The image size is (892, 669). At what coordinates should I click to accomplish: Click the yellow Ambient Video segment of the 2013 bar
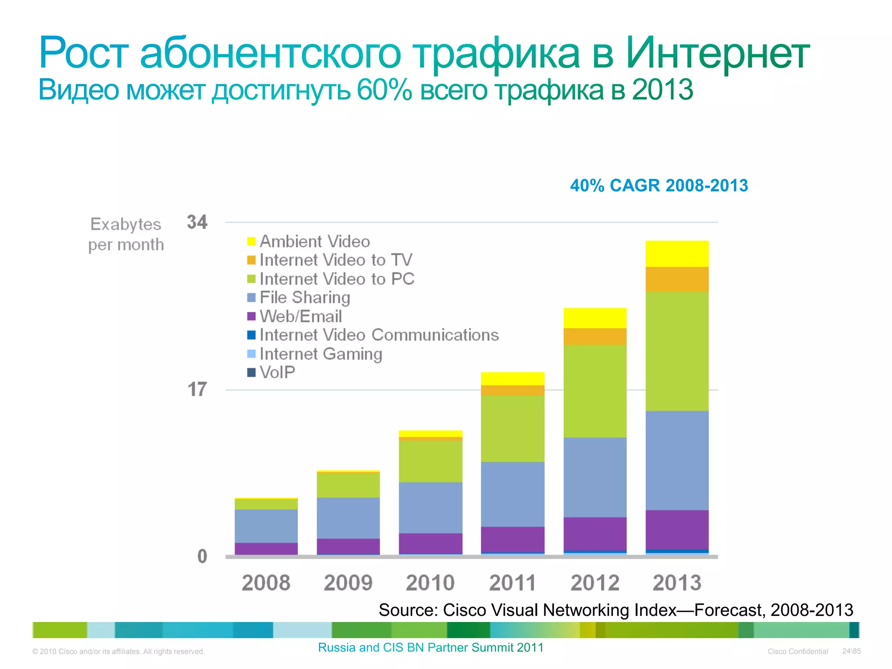[x=677, y=253]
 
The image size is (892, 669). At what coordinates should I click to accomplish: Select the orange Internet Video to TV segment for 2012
[x=595, y=336]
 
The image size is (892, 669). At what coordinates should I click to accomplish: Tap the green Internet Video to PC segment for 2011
[x=513, y=429]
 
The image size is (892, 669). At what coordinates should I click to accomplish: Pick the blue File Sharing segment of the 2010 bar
[x=430, y=507]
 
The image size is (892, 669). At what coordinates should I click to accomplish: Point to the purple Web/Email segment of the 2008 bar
[x=266, y=548]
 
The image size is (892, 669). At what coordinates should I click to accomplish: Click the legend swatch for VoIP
[x=251, y=372]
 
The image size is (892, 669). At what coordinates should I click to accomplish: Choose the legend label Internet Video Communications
[x=379, y=335]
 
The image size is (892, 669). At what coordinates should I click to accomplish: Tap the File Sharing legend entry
[x=304, y=297]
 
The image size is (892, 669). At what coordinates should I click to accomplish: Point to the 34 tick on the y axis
[x=197, y=222]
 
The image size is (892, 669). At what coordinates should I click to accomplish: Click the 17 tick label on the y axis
[x=197, y=389]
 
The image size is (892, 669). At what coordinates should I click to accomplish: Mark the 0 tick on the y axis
[x=202, y=556]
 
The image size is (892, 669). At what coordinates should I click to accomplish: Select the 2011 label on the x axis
[x=512, y=583]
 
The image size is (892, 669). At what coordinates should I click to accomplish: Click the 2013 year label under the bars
[x=677, y=583]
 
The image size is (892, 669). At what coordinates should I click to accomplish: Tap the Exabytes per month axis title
[x=126, y=234]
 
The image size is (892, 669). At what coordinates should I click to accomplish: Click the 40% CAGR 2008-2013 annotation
[x=659, y=186]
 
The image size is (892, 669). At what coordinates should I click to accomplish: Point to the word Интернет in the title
[x=717, y=53]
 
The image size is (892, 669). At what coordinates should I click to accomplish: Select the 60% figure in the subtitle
[x=384, y=90]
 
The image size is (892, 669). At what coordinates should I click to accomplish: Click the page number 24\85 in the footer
[x=851, y=651]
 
